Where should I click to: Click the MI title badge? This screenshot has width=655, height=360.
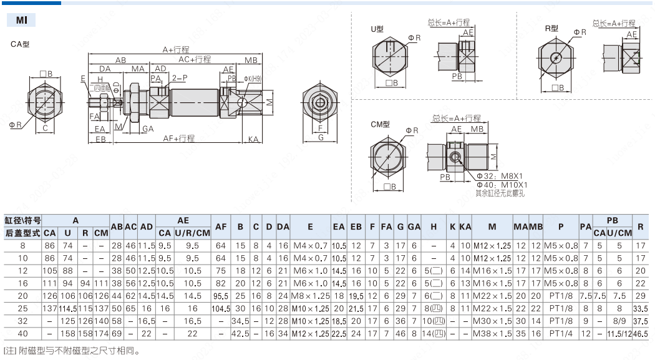(21, 20)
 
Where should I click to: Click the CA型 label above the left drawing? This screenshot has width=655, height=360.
(20, 44)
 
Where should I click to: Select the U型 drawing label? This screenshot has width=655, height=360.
(377, 29)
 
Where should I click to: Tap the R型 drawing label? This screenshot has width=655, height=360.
(551, 29)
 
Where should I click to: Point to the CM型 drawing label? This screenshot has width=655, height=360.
(380, 125)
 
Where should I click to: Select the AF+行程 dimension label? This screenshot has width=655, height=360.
(179, 139)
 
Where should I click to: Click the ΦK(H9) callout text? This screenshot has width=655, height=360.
(253, 79)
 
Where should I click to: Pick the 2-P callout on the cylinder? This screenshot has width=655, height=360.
(179, 78)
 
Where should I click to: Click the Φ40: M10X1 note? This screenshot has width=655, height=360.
(502, 185)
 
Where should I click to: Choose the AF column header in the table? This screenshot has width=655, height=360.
(221, 226)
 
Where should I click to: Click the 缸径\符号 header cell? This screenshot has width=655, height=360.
(23, 220)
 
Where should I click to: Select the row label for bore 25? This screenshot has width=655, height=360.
(23, 308)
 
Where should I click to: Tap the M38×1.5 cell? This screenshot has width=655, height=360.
(492, 334)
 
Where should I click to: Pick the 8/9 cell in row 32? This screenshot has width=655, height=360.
(619, 321)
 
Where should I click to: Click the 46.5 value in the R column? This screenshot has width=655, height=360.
(640, 334)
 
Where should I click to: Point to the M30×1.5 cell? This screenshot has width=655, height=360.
(492, 321)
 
